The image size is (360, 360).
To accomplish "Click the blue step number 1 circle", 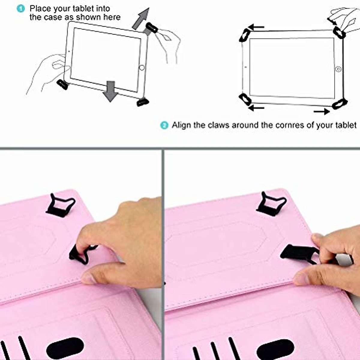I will (x=21, y=8).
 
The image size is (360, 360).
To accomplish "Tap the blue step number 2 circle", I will (x=164, y=125).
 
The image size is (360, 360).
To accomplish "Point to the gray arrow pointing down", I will (x=111, y=91).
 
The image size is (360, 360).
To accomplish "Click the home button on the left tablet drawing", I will (x=142, y=68).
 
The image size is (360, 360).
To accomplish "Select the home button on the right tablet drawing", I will (x=338, y=69).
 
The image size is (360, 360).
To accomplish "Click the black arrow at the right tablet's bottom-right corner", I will (x=322, y=112).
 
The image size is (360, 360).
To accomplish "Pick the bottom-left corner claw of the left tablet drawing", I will (x=62, y=84).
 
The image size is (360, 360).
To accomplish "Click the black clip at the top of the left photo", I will (x=61, y=205).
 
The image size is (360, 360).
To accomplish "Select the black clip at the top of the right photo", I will (x=272, y=204).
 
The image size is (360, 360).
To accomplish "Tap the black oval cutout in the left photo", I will (x=65, y=348).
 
